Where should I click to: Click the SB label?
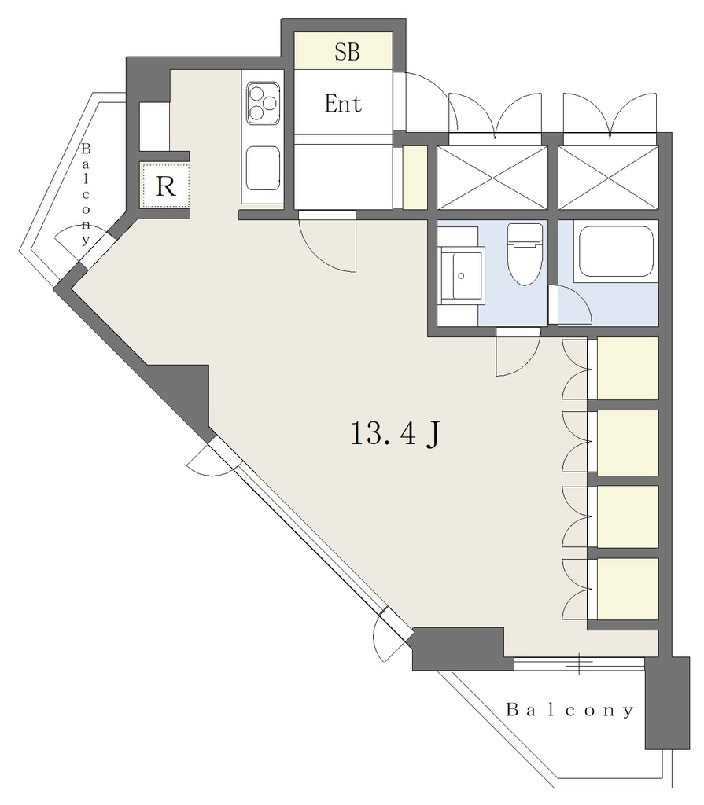click(347, 51)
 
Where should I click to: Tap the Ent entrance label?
click(343, 104)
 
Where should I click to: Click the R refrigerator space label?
click(165, 186)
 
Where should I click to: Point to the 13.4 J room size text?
click(395, 434)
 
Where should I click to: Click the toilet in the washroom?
click(525, 254)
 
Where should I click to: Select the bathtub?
click(616, 252)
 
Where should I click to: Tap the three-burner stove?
click(263, 103)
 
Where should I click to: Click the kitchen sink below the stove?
click(263, 168)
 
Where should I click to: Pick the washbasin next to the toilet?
click(461, 275)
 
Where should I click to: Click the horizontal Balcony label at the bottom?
click(569, 710)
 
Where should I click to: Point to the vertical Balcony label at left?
click(85, 194)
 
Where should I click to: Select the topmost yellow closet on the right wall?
click(628, 368)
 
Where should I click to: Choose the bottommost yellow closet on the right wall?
click(628, 589)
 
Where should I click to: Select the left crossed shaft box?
click(492, 178)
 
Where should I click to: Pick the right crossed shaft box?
click(608, 178)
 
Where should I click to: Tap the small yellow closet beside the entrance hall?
click(415, 178)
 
